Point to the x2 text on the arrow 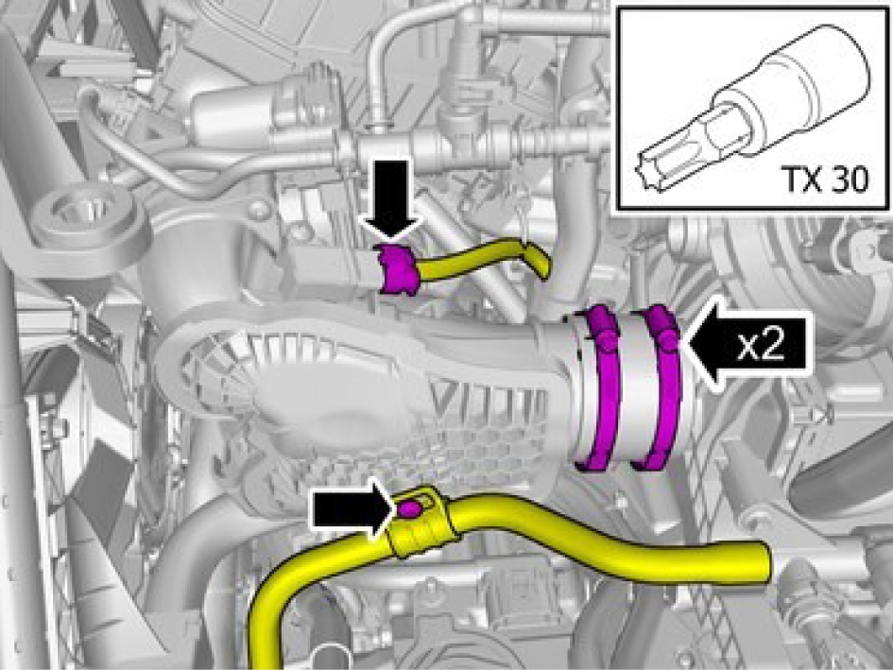pyautogui.click(x=762, y=345)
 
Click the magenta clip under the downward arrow pyautogui.click(x=396, y=269)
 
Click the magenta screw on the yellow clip pyautogui.click(x=409, y=508)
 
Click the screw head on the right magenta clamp pyautogui.click(x=667, y=340)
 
